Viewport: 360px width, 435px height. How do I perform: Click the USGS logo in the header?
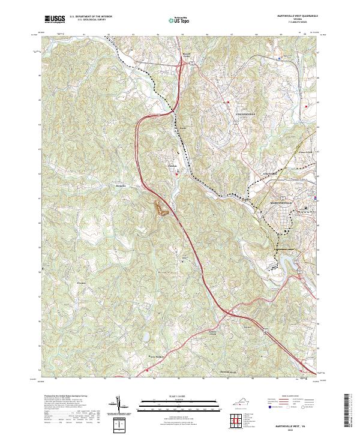click(55, 19)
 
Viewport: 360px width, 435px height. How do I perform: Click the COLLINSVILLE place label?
click(244, 113)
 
